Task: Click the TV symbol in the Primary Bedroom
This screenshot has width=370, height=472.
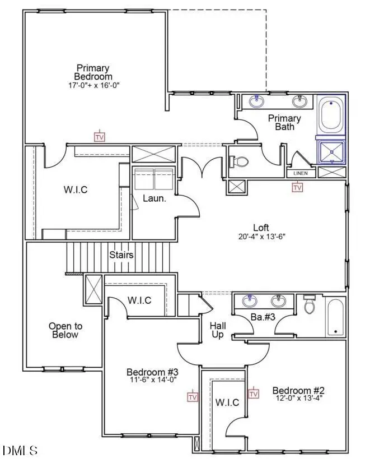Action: (100, 136)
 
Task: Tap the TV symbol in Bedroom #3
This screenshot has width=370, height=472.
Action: (193, 396)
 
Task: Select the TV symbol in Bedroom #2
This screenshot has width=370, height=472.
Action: (254, 394)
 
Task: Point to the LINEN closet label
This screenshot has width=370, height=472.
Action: (301, 173)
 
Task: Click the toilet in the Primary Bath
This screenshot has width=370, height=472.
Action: (240, 161)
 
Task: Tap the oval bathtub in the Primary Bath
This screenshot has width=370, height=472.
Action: (331, 115)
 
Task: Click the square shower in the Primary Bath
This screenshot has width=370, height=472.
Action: (331, 151)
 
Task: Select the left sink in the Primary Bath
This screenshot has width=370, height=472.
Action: (257, 101)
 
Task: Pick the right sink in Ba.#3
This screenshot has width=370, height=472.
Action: (278, 301)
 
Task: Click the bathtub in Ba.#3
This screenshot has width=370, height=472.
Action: (335, 317)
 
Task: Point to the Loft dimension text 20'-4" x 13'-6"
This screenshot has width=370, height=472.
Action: (261, 237)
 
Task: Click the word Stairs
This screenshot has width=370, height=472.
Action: (121, 255)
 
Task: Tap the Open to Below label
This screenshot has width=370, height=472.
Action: (65, 330)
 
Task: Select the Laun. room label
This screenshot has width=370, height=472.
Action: (153, 198)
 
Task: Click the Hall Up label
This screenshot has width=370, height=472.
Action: (217, 330)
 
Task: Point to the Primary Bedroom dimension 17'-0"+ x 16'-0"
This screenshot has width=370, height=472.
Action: (93, 85)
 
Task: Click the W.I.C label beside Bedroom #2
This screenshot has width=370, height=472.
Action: (227, 402)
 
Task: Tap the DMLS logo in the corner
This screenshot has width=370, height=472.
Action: (20, 450)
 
